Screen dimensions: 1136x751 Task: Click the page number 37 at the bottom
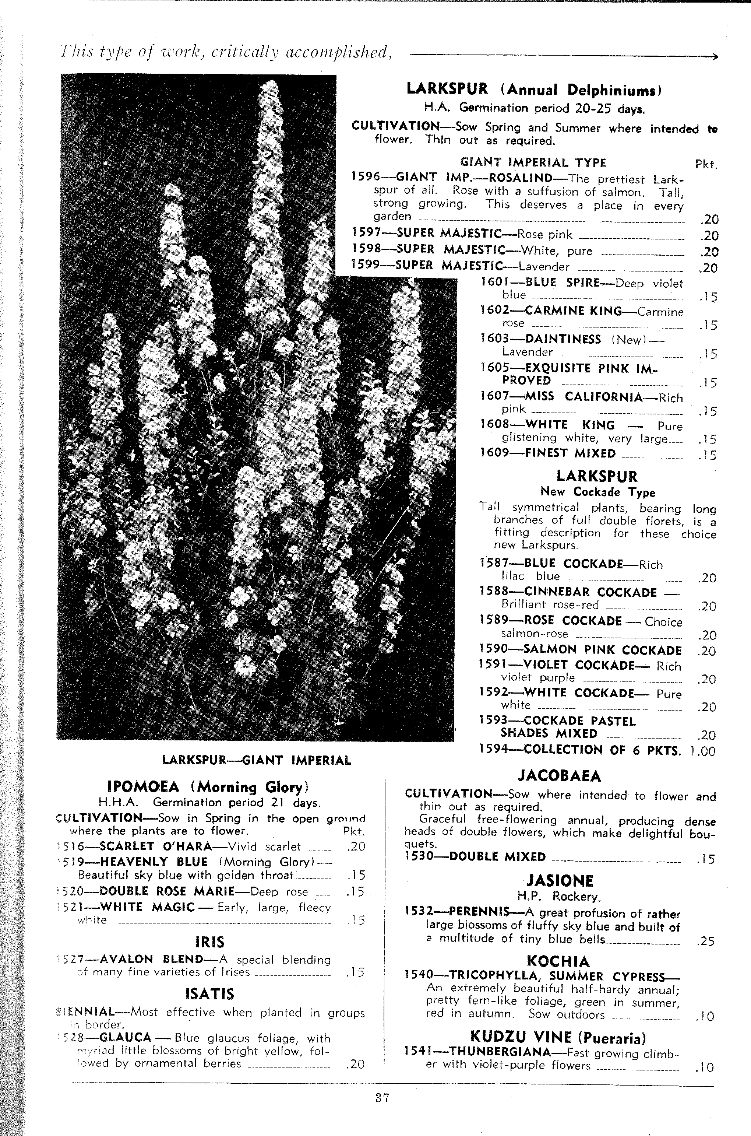point(382,1107)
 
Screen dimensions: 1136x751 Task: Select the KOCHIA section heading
point(558,961)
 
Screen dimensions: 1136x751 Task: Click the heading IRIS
point(210,942)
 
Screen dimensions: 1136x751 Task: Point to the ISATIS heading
point(209,994)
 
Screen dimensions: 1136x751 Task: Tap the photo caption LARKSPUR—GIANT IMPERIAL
point(256,760)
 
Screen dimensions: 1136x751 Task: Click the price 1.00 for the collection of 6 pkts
point(703,751)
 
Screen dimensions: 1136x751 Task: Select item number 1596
point(366,177)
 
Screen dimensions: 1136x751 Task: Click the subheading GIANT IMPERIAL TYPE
point(533,162)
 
